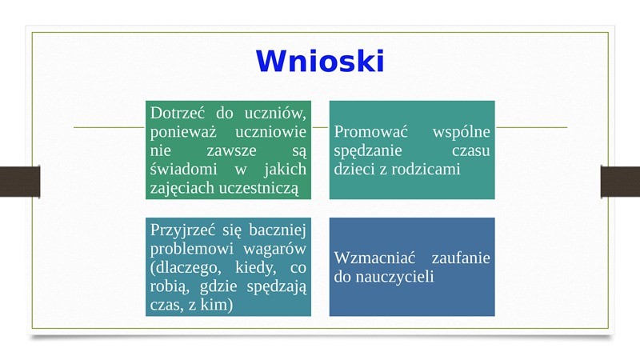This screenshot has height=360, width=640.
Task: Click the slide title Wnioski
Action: pos(320,62)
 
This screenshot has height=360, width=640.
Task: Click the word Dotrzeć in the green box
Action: pos(177,113)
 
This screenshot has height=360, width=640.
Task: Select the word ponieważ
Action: pos(183,132)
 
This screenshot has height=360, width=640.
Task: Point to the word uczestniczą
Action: pos(258,188)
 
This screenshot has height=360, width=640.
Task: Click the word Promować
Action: pos(370,131)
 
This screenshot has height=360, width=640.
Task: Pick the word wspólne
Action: pos(462,131)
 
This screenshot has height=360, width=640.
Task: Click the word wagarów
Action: pos(274,249)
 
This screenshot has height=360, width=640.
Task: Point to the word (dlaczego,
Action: pos(186,268)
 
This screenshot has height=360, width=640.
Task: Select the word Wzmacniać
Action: pos(374,258)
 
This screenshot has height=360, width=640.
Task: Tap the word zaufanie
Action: pos(461,258)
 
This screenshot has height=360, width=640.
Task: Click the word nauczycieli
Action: pos(394,277)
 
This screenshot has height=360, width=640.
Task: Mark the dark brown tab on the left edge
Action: pos(20,182)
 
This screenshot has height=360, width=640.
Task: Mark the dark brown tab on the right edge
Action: pos(620,182)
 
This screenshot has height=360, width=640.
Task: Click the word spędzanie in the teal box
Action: pos(368,151)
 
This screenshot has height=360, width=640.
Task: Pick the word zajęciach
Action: pos(183,188)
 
